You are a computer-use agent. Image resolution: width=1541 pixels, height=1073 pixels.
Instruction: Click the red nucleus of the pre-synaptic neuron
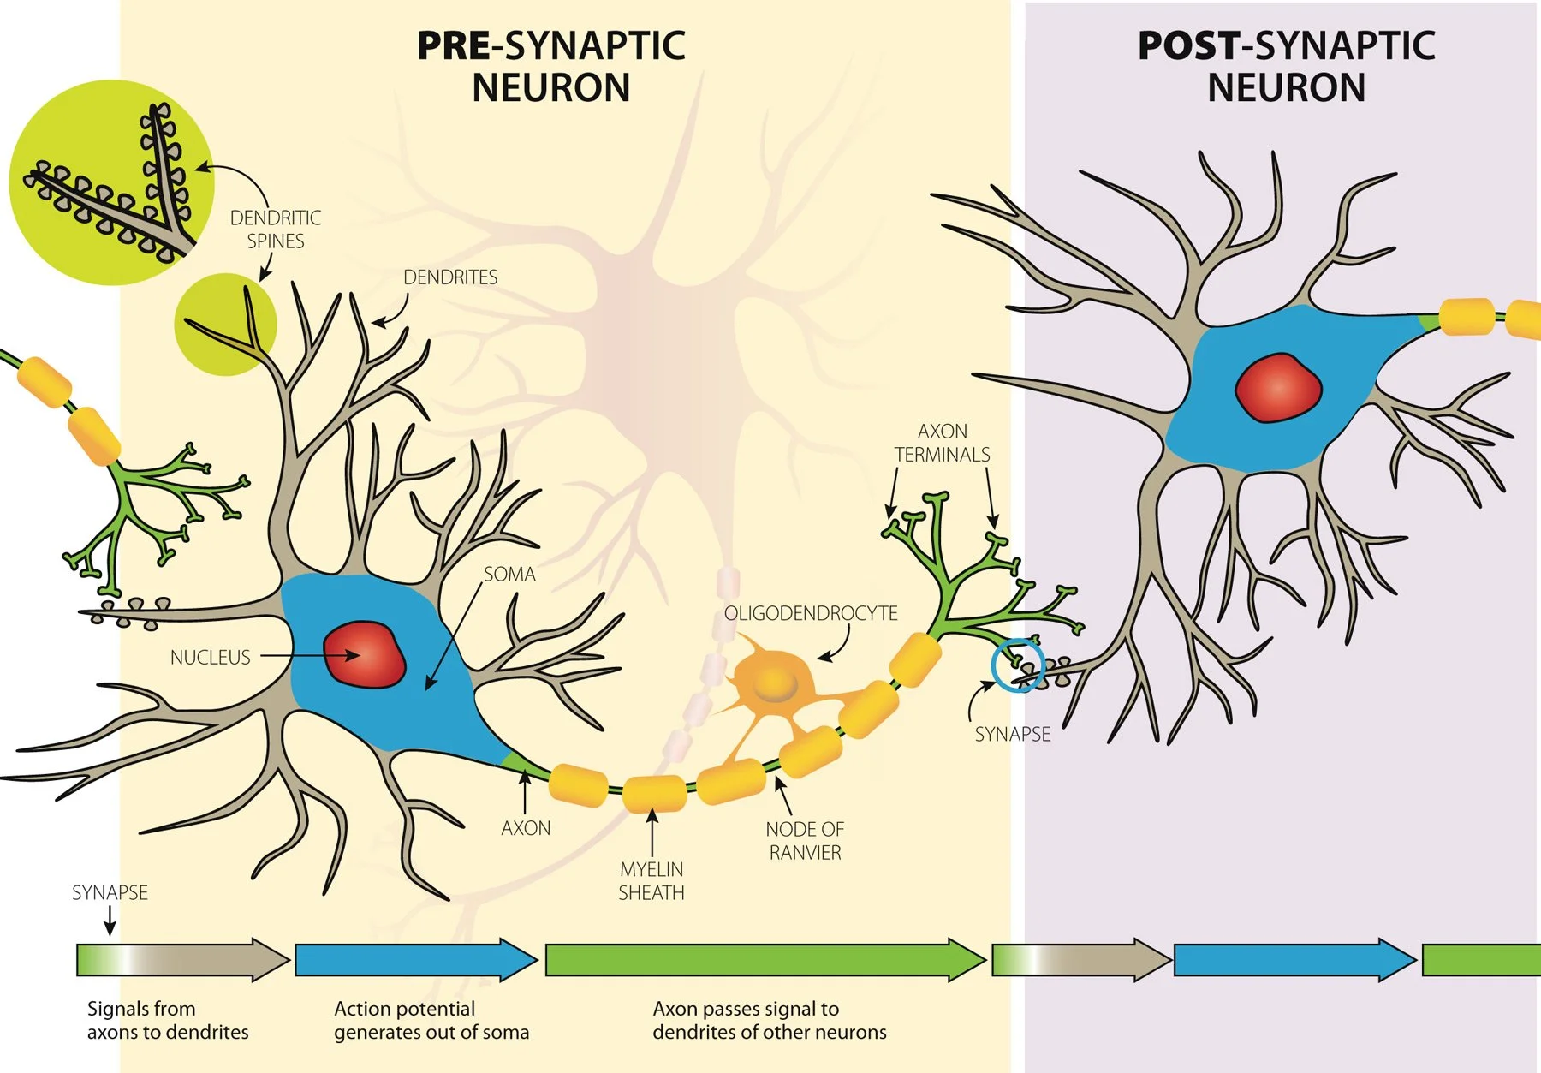coord(364,655)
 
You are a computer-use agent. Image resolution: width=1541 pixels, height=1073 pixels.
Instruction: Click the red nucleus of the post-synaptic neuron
coord(1277,387)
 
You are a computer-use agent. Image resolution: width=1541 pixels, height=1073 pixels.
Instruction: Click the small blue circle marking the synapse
coord(1018,665)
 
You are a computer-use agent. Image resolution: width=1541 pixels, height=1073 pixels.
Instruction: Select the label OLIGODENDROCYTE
coord(810,613)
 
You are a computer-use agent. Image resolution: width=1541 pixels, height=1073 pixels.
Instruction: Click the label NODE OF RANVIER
coord(804,841)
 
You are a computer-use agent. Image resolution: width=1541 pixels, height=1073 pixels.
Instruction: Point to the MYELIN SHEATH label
coord(651,881)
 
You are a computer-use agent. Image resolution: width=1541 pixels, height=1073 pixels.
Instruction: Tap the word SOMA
coord(509,575)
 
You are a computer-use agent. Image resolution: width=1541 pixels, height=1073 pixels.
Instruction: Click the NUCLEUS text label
coord(210,658)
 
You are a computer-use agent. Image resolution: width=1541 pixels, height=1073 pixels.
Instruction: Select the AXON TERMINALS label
coord(942,443)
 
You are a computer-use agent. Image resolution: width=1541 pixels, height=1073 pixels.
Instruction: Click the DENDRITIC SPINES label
coord(275,230)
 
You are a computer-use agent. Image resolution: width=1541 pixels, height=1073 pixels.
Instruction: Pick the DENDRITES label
coord(449,277)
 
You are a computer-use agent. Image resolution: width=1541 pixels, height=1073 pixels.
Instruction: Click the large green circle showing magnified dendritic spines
coord(111,182)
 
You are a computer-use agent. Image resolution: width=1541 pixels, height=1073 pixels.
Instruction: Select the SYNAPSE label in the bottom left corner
coord(110,893)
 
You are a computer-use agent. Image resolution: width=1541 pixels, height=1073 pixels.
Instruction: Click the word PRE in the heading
coord(453,46)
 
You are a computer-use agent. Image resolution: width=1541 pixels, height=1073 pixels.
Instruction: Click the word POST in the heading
coord(1187,46)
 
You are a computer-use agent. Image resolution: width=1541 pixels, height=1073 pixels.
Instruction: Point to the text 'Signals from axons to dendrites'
coord(167,1021)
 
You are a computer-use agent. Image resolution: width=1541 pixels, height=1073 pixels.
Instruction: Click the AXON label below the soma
coord(526,828)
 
